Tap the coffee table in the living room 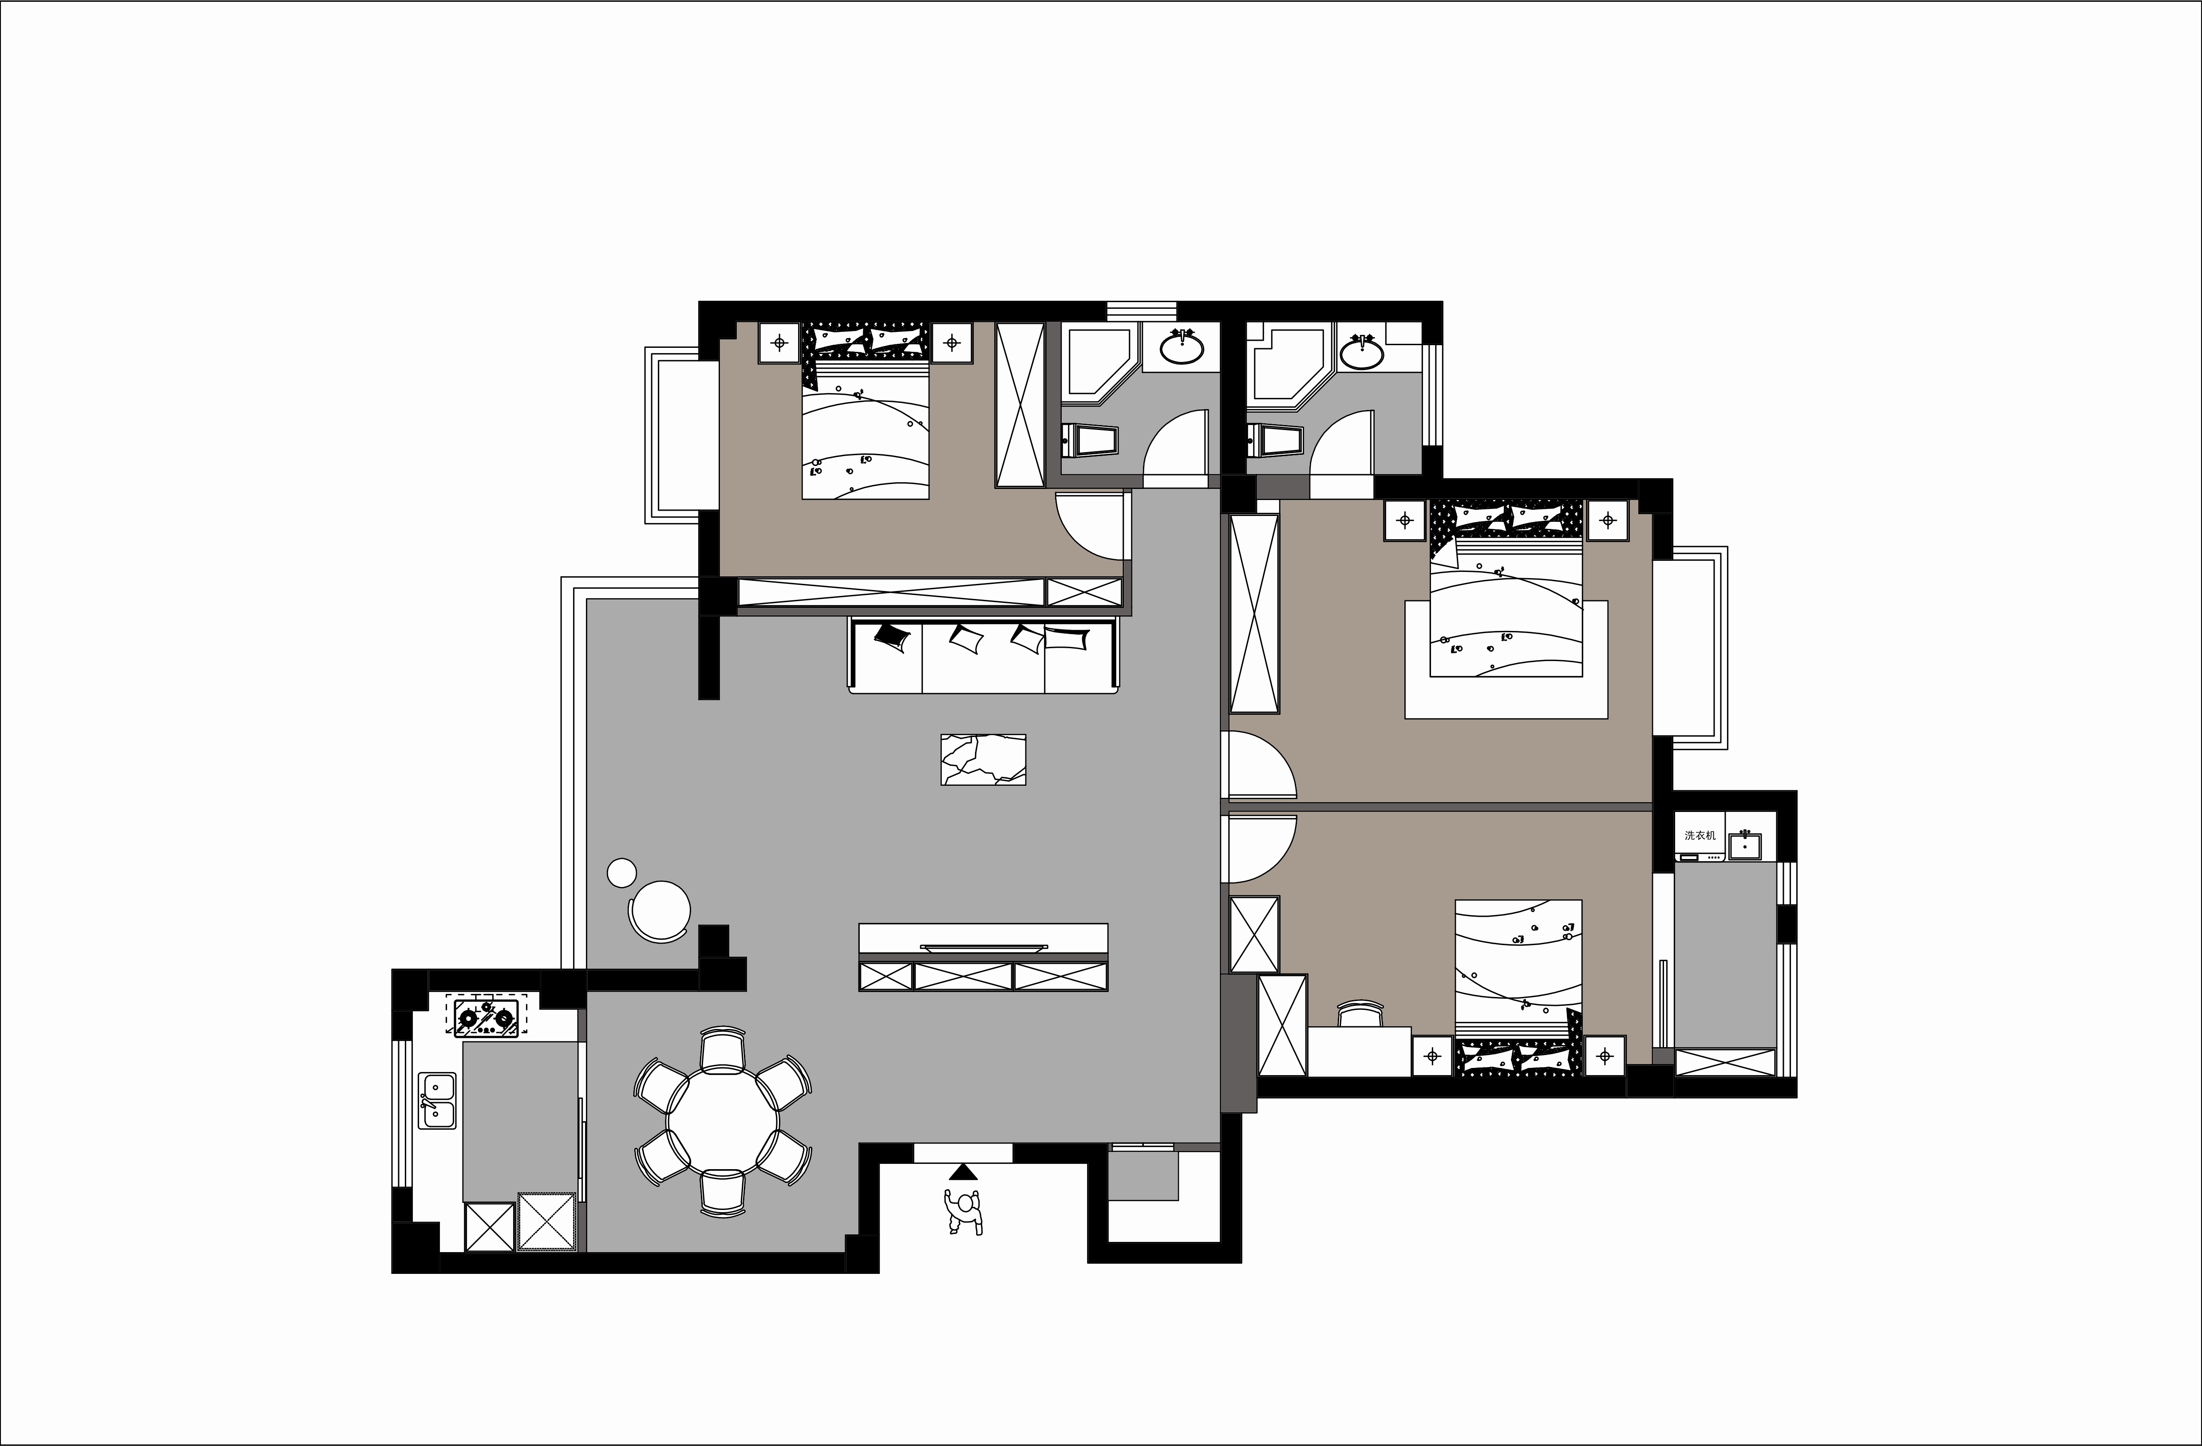click(x=983, y=760)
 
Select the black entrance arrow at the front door click(x=963, y=1172)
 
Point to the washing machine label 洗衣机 click(x=1700, y=835)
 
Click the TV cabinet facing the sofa click(x=984, y=957)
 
